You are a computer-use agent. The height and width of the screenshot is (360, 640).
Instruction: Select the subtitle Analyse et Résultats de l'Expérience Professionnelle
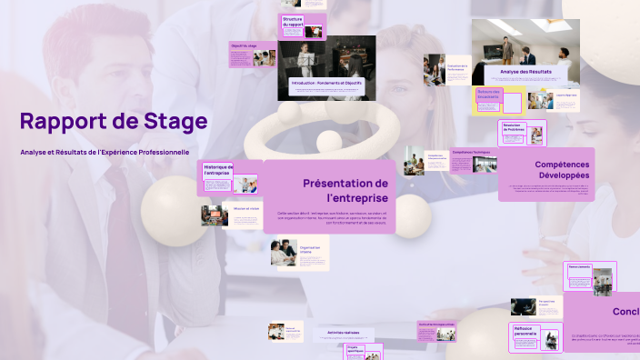coord(105,152)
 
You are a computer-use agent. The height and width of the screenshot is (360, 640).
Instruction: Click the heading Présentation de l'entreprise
coord(345,190)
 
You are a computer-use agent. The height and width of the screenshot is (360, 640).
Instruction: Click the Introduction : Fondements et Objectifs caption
coord(326,83)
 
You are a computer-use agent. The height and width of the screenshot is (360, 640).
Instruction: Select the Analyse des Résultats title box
coord(526,72)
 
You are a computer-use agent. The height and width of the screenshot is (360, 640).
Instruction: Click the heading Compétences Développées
coord(550,168)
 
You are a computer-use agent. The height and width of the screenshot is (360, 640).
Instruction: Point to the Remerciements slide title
coord(579,267)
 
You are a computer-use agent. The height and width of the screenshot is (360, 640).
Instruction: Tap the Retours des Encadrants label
coord(489,94)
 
